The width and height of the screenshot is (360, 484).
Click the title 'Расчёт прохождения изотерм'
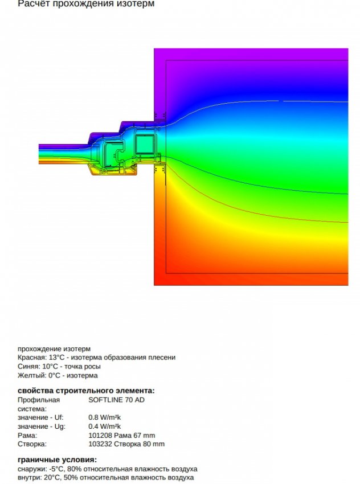(85, 4)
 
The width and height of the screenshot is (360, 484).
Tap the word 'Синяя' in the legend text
(28, 367)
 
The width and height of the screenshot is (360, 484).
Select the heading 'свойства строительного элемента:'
(86, 391)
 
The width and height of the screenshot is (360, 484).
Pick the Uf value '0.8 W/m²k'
(105, 417)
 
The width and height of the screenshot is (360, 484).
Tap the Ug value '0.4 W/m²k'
(105, 426)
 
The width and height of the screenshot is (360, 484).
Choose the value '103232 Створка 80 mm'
(126, 444)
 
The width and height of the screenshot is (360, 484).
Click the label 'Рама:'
(27, 436)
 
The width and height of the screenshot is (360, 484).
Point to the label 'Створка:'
(32, 444)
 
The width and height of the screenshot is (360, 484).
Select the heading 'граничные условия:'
(57, 460)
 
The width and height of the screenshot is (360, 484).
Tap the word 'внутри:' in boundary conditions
(30, 478)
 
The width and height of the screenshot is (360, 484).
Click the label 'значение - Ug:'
(42, 426)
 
